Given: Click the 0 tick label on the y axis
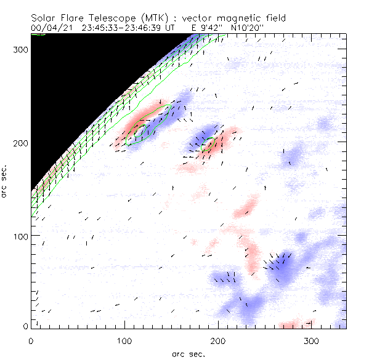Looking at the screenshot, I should point(25,326).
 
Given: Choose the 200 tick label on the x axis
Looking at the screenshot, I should point(217,340).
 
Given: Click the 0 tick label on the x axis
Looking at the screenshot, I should point(31,340).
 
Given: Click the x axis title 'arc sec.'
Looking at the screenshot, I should point(188,353).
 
